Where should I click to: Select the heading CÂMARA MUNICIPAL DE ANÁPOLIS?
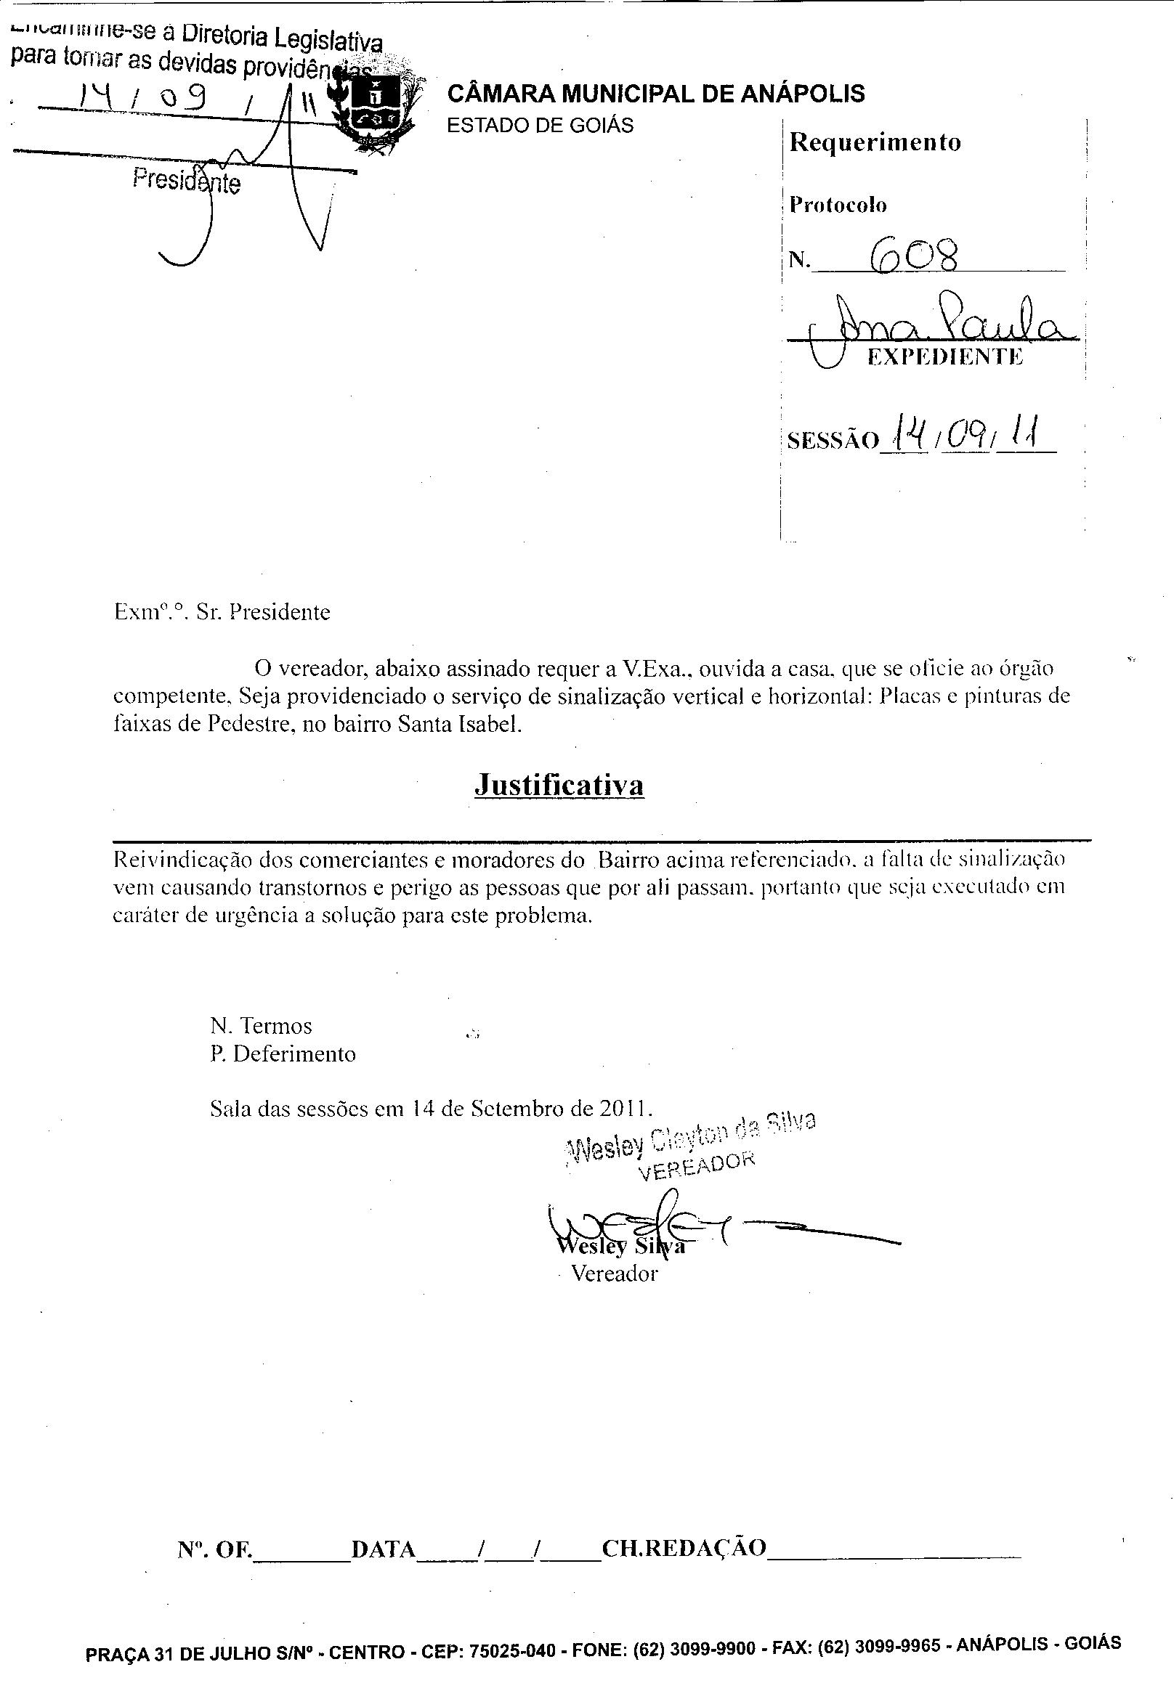point(655,94)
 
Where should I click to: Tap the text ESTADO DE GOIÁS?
point(540,126)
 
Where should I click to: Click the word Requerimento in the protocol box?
point(875,142)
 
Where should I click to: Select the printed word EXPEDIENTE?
point(944,357)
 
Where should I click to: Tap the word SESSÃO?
point(832,441)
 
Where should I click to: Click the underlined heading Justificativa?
point(559,784)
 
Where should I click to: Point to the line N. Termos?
point(261,1026)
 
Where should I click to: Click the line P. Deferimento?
point(283,1054)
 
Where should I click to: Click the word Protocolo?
point(838,205)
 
